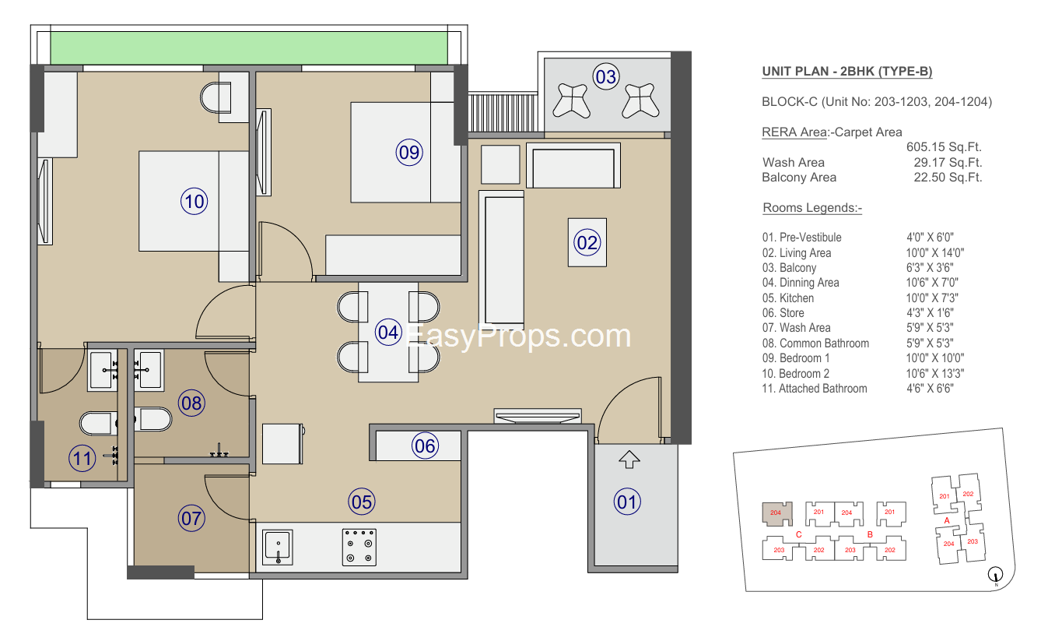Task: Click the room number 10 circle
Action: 195,202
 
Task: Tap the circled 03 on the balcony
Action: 606,77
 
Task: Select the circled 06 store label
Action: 425,446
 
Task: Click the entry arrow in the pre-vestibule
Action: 629,459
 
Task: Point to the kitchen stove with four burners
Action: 359,547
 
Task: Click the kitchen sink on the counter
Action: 278,547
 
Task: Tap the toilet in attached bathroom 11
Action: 99,423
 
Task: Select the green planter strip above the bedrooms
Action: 249,48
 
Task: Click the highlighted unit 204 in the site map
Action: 777,513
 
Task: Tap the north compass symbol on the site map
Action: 995,575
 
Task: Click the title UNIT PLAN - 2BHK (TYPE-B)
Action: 847,72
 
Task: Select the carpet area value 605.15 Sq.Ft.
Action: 944,147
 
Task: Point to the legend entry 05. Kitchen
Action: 788,298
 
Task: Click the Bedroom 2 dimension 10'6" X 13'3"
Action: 935,374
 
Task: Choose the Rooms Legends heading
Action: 812,208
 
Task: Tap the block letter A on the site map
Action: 947,520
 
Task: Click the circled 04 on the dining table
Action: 388,332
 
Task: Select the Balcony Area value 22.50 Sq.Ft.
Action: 948,178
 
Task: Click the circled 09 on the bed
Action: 409,152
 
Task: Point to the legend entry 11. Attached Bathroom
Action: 815,389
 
